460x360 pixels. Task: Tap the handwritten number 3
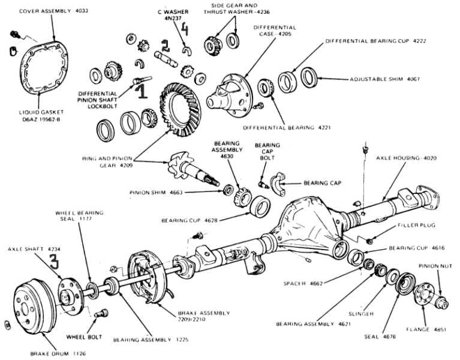[55, 262]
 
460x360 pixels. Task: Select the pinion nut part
[443, 302]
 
